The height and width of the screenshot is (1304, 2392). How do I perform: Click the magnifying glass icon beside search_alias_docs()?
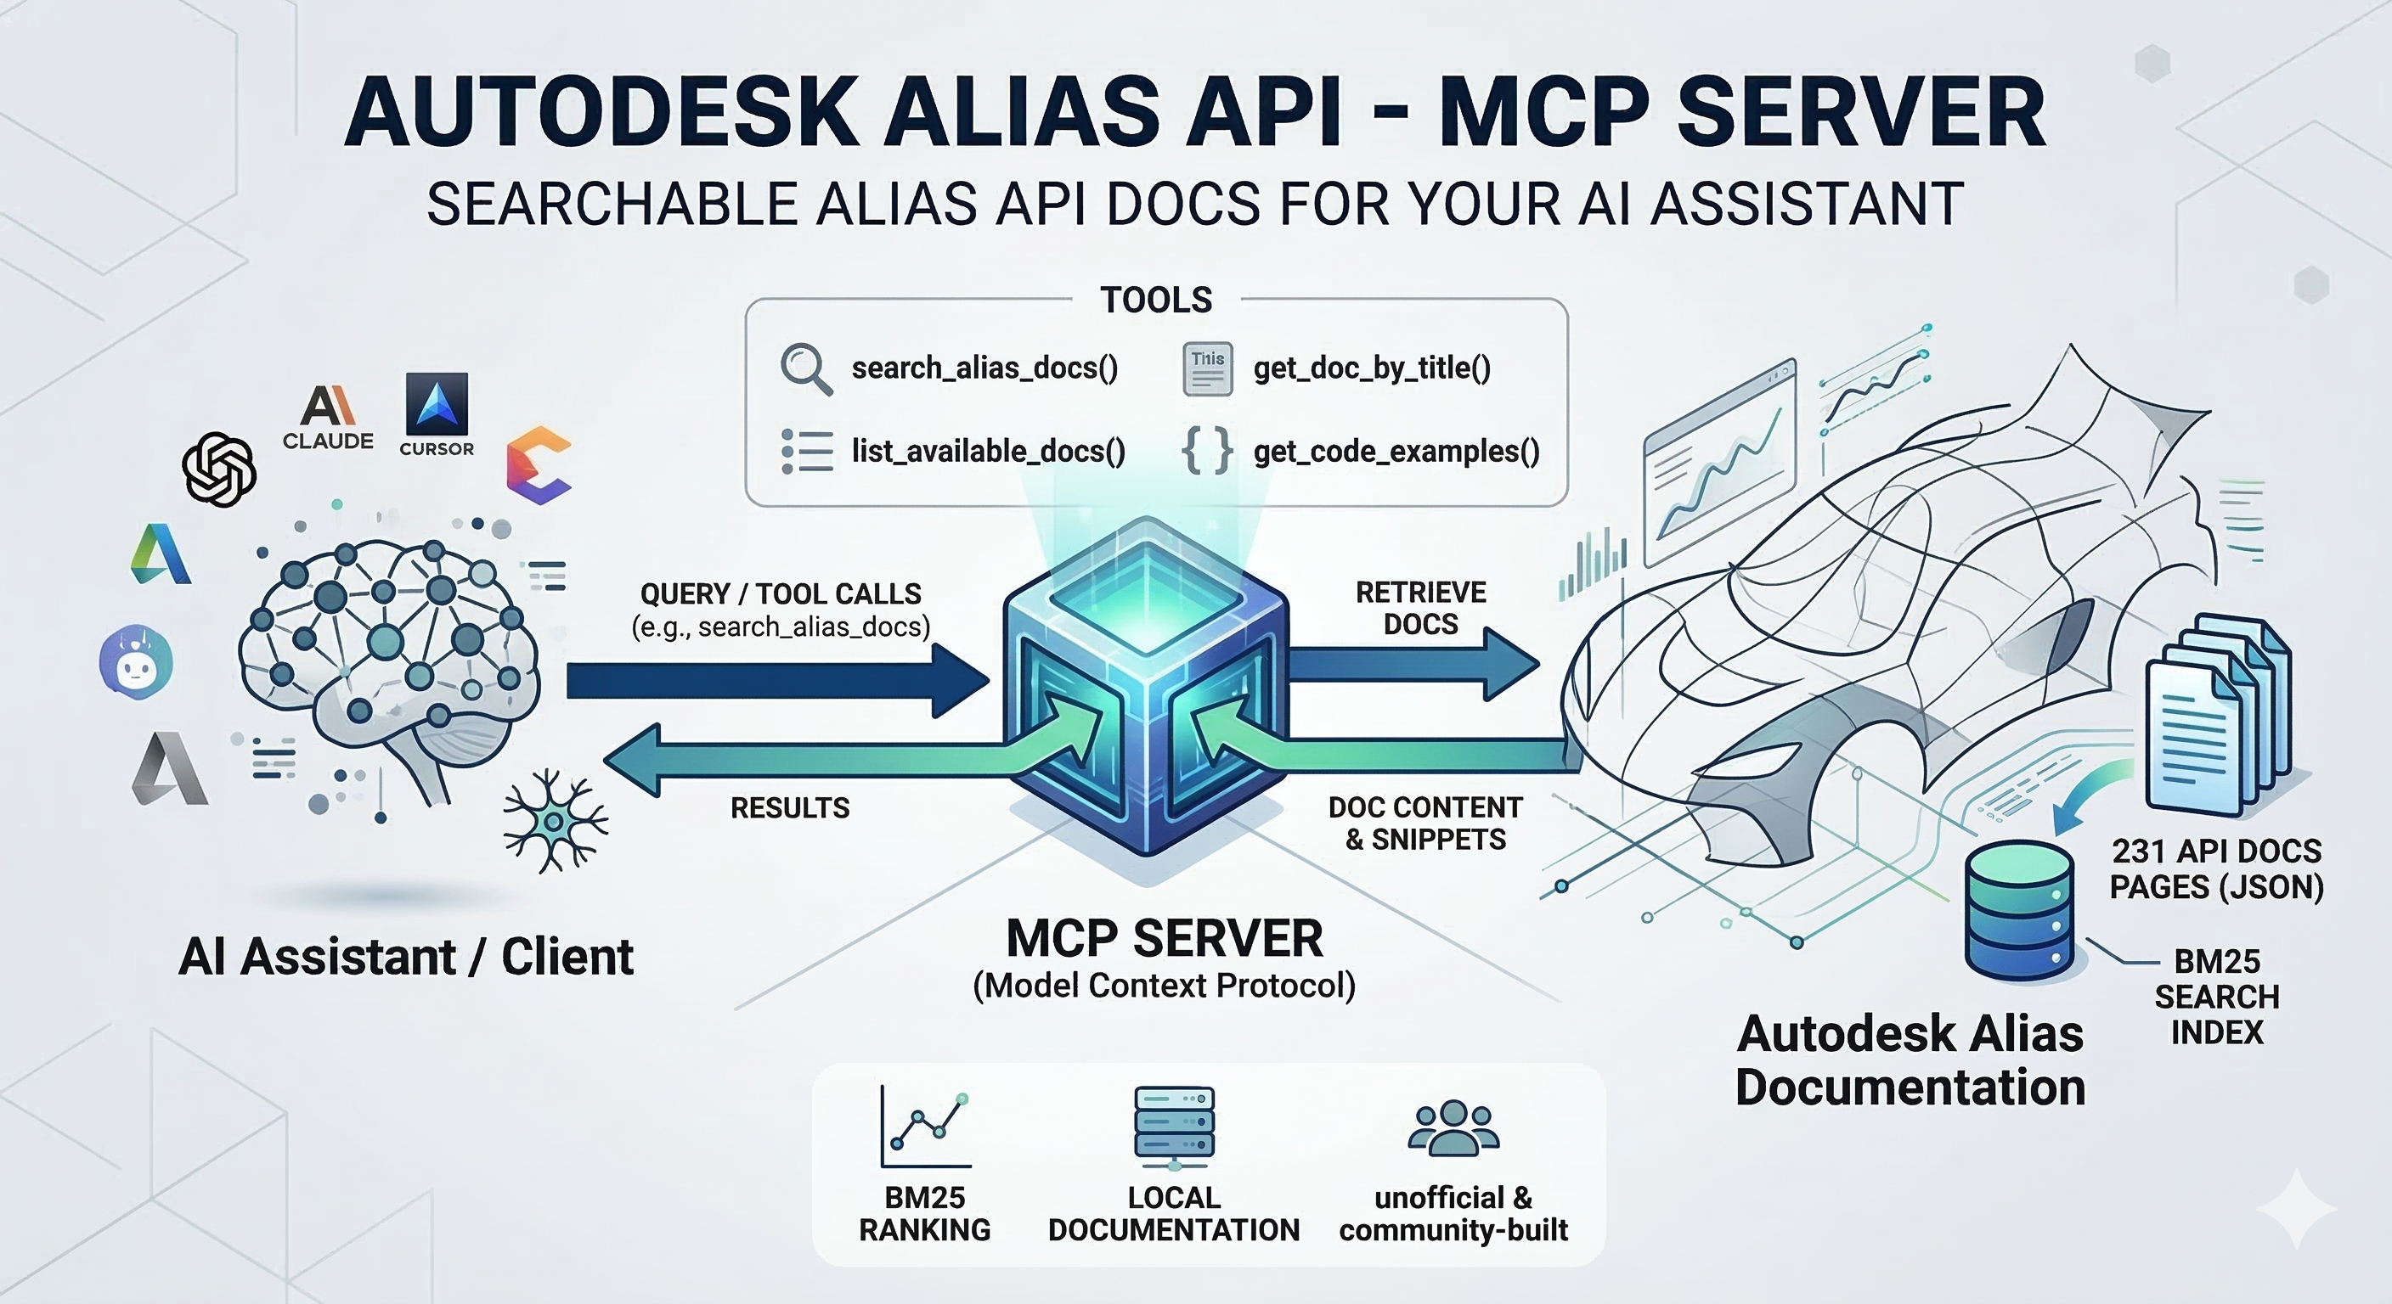pyautogui.click(x=805, y=368)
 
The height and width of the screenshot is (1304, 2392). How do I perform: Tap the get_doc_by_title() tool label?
pyautogui.click(x=1372, y=368)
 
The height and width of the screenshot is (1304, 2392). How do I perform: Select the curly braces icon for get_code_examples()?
pyautogui.click(x=1206, y=451)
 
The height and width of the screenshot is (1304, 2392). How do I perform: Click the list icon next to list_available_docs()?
pyautogui.click(x=806, y=452)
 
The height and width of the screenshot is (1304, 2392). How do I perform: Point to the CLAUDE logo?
pyautogui.click(x=328, y=417)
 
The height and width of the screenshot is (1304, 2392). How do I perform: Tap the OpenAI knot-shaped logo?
pyautogui.click(x=220, y=469)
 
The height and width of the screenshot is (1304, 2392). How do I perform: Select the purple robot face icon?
pyautogui.click(x=137, y=661)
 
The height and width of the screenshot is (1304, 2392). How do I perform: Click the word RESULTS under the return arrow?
pyautogui.click(x=789, y=807)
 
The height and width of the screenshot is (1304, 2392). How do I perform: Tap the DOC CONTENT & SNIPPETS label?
pyautogui.click(x=1425, y=823)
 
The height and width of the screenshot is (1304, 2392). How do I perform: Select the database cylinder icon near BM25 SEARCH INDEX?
pyautogui.click(x=2020, y=909)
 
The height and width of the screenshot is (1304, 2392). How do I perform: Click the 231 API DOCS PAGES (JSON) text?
pyautogui.click(x=2215, y=868)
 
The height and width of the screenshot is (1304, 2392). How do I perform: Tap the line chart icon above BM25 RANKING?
pyautogui.click(x=925, y=1127)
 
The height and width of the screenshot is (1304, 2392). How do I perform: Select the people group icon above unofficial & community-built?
pyautogui.click(x=1453, y=1128)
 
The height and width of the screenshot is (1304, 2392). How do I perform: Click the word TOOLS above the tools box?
pyautogui.click(x=1156, y=300)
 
